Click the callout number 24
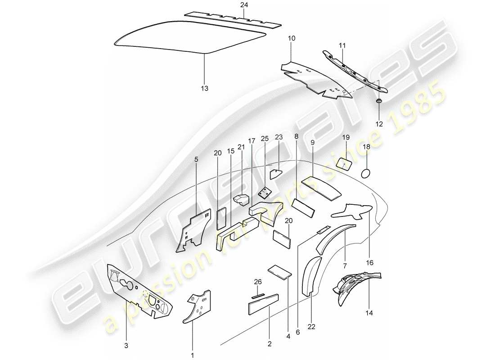coord(243,5)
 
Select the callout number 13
coord(205,89)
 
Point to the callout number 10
coord(292,39)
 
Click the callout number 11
coord(342,45)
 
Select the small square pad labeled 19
coord(345,164)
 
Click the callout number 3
coord(126,346)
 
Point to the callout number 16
coord(370,262)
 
